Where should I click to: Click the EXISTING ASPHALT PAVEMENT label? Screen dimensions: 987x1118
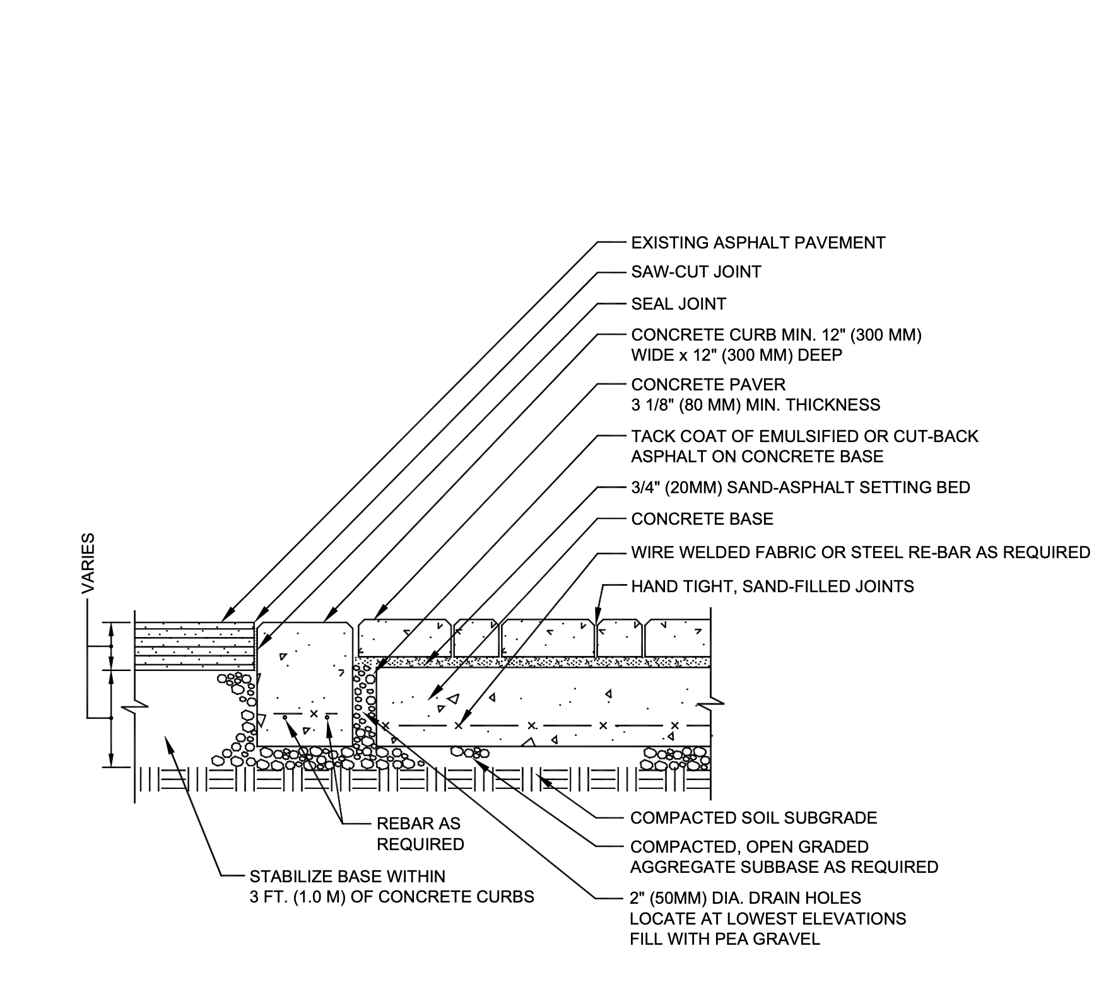(758, 243)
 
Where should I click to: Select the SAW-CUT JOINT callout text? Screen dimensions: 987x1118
(696, 272)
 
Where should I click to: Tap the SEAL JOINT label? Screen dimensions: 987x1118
(678, 304)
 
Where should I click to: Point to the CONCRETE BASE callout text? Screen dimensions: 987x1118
(702, 519)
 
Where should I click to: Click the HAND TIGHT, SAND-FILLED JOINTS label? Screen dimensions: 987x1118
(772, 587)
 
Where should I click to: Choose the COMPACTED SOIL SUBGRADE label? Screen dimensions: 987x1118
(753, 818)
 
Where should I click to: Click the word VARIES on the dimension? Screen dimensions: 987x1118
(88, 563)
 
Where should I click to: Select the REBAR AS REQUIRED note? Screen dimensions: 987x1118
(420, 834)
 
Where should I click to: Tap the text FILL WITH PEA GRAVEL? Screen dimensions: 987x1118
(725, 939)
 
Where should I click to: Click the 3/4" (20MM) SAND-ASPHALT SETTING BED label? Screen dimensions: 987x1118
(801, 488)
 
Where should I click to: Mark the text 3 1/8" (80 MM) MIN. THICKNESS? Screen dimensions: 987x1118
(755, 405)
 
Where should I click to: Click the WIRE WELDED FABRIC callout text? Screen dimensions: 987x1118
(861, 552)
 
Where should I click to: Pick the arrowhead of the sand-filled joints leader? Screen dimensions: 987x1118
(596, 621)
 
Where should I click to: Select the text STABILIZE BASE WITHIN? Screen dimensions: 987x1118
(348, 877)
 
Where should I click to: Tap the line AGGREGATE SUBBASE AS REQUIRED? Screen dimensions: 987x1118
(784, 867)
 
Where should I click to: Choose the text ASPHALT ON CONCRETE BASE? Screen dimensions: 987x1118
(757, 457)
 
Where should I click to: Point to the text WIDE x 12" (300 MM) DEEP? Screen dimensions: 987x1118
(736, 355)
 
